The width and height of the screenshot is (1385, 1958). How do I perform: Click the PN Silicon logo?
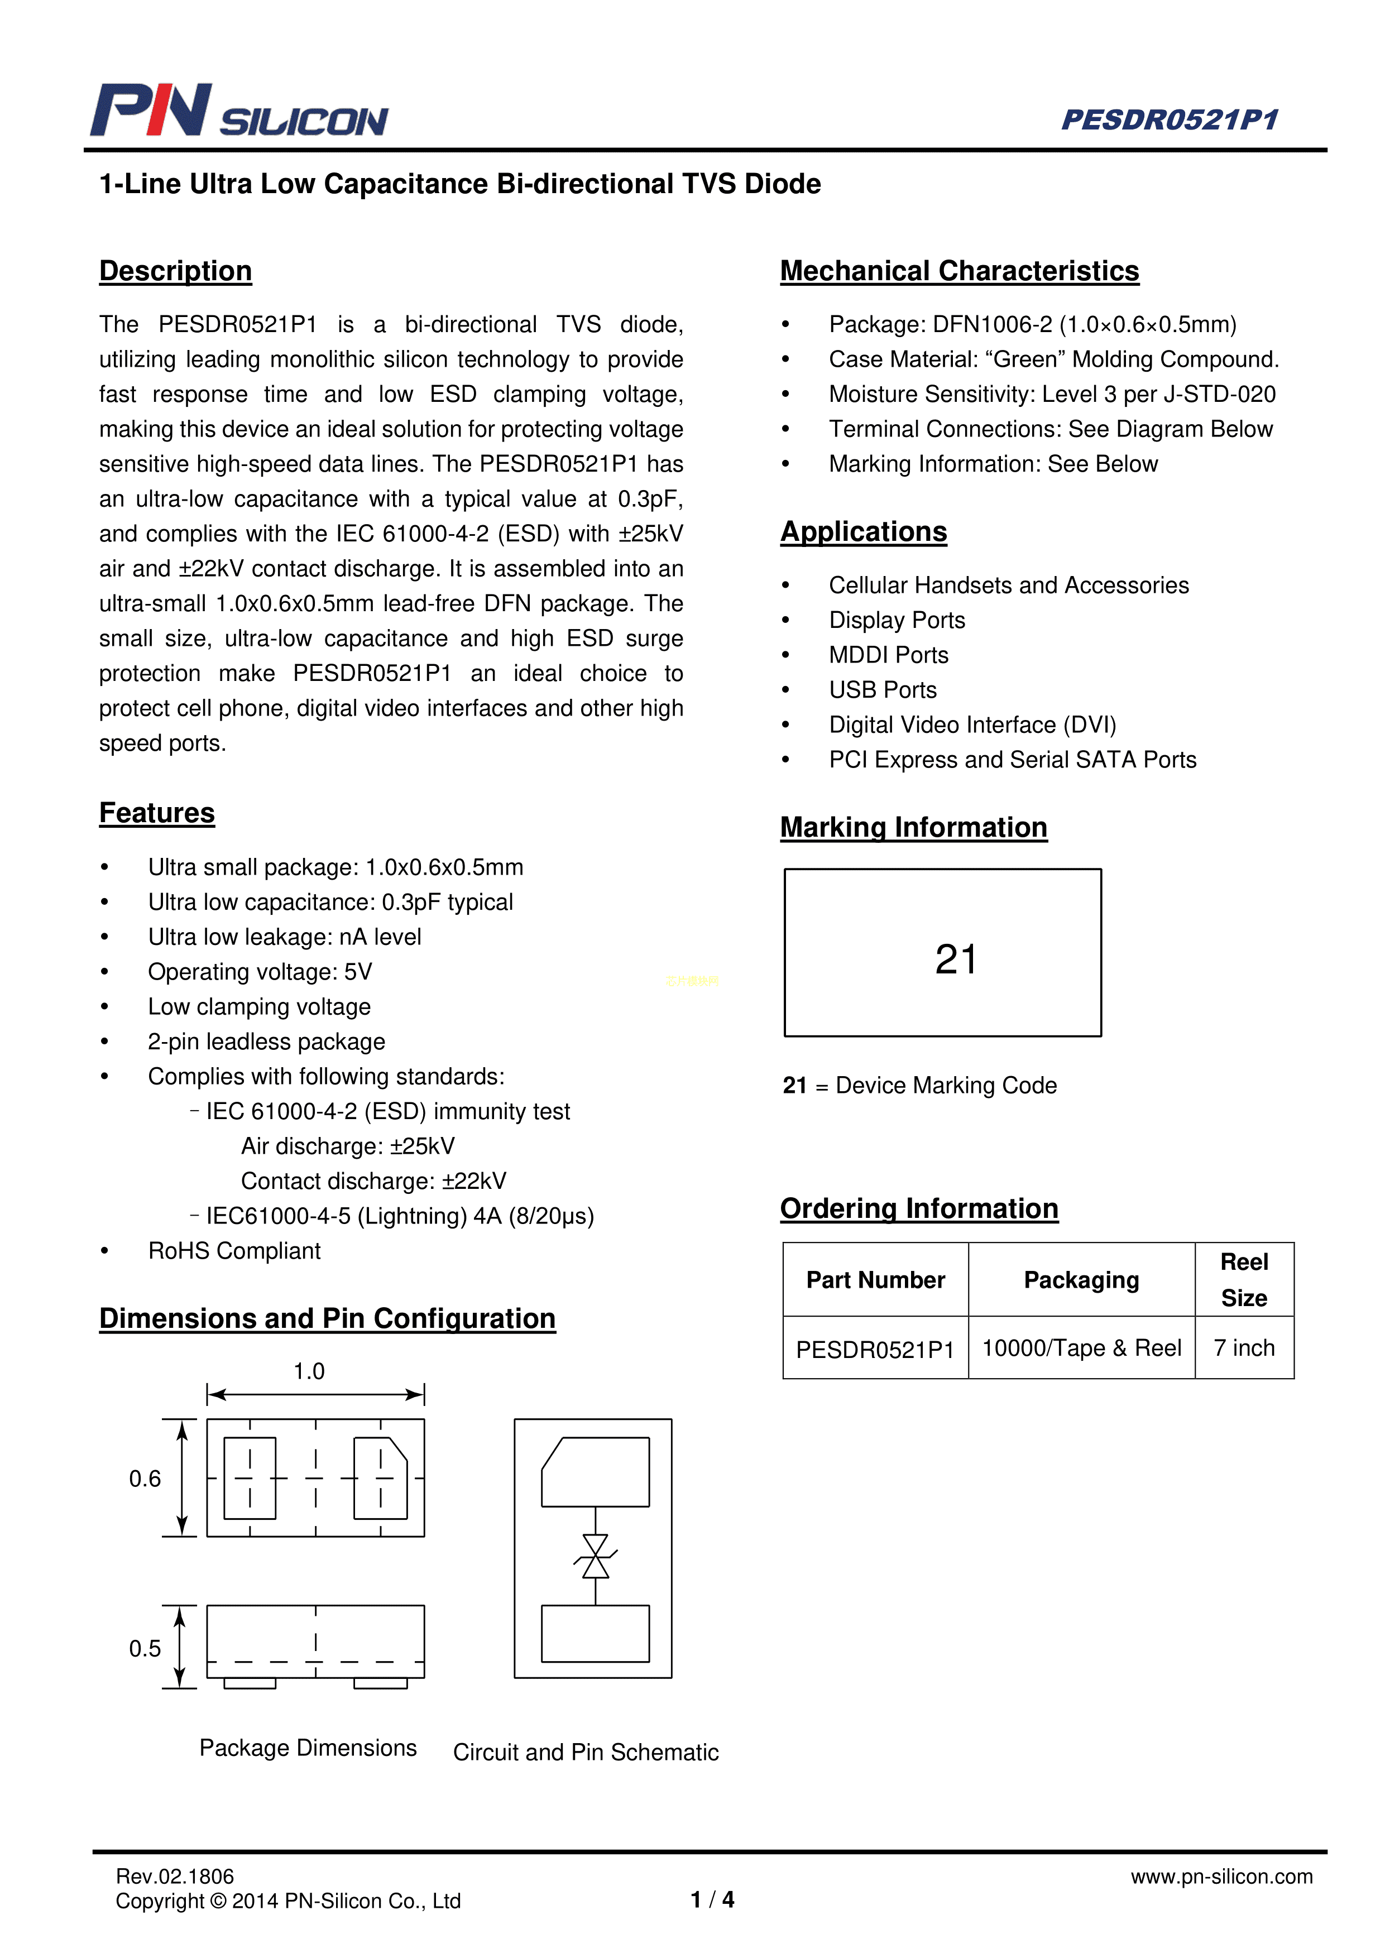239,111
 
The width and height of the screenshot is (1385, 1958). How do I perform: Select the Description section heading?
176,271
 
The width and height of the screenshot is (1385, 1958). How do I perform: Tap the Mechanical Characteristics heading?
960,271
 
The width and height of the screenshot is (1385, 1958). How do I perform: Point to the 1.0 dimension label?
309,1371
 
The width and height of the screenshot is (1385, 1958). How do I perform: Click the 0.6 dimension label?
145,1479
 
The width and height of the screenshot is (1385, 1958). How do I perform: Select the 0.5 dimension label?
145,1648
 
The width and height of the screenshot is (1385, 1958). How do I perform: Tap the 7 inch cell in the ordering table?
1244,1348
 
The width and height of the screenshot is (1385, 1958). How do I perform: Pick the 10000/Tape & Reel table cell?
1081,1348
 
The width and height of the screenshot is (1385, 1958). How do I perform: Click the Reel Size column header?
1244,1280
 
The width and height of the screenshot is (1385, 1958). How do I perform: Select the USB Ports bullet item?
883,690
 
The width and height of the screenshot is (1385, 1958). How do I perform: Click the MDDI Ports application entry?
889,655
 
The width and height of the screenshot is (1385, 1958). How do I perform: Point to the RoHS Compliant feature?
234,1251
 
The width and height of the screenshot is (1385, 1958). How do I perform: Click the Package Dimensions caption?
308,1748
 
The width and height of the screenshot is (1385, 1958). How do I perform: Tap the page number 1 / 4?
712,1899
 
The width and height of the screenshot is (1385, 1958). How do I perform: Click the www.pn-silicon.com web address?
1221,1876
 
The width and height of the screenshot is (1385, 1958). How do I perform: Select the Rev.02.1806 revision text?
175,1876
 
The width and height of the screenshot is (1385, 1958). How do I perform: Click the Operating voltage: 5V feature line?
260,972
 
